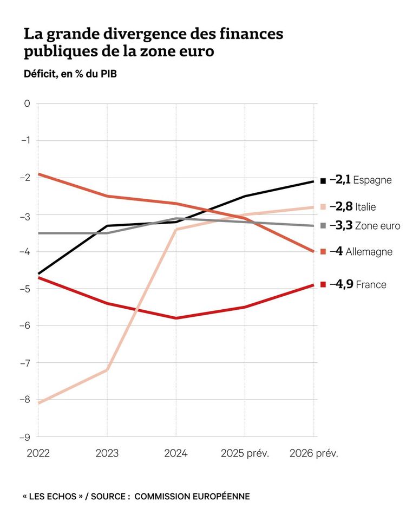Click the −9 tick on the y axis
point(25,437)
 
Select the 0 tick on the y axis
point(28,103)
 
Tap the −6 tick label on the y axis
point(25,325)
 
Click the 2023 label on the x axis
point(107,453)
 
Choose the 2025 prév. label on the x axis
point(245,453)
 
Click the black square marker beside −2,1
point(323,180)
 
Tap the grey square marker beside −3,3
point(323,225)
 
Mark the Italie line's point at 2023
point(107,370)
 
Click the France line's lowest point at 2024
point(176,318)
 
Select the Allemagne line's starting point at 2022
point(38,174)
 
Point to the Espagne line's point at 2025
point(245,196)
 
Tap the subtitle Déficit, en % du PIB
point(70,74)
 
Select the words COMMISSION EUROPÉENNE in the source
point(192,496)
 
